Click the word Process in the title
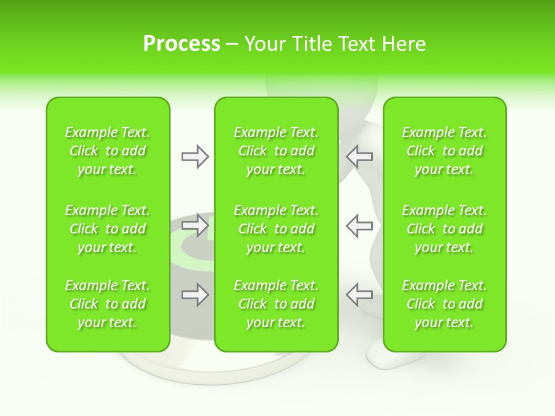click(182, 43)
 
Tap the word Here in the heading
click(403, 43)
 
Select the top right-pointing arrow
click(195, 156)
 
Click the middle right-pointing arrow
click(195, 225)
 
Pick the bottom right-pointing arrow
click(195, 295)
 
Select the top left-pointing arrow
click(359, 156)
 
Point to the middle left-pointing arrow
click(359, 225)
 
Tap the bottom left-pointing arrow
click(359, 295)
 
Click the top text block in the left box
click(108, 151)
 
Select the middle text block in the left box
click(108, 229)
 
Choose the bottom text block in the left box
click(108, 304)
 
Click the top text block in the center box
click(276, 151)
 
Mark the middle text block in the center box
click(276, 229)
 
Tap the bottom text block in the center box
click(276, 304)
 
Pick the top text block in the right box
click(445, 151)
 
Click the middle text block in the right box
click(445, 229)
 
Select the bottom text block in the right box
click(445, 304)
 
